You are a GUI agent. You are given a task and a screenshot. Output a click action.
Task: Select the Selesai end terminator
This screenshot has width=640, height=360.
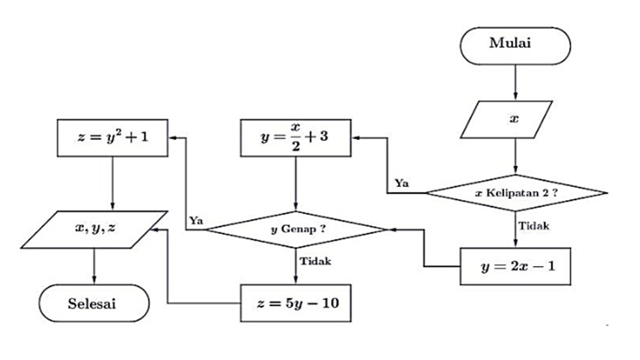pyautogui.click(x=94, y=303)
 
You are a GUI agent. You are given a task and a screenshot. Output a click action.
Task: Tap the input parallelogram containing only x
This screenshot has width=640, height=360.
pyautogui.click(x=506, y=119)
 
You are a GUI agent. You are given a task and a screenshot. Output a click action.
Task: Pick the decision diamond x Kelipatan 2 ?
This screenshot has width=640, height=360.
pyautogui.click(x=515, y=192)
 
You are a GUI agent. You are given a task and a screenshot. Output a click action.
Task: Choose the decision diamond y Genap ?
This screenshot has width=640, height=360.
pyautogui.click(x=295, y=229)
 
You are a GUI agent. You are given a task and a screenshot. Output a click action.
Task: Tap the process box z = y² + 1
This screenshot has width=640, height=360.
pyautogui.click(x=112, y=137)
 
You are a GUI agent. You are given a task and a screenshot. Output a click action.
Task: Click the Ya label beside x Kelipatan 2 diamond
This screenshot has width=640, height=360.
pyautogui.click(x=401, y=183)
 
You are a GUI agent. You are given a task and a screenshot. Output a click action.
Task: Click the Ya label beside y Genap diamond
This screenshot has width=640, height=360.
pyautogui.click(x=195, y=220)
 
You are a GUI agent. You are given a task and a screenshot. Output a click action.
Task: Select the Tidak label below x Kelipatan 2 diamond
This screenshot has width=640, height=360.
pyautogui.click(x=533, y=226)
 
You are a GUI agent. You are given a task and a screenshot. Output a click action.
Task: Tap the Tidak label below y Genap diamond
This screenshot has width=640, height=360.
pyautogui.click(x=315, y=261)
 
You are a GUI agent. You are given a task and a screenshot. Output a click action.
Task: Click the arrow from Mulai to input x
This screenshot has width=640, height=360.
pyautogui.click(x=515, y=82)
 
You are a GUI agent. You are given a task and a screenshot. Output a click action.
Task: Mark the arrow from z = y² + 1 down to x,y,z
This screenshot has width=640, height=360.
pyautogui.click(x=112, y=183)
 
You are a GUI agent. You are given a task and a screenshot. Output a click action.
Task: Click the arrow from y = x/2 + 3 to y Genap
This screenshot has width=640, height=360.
pyautogui.click(x=295, y=183)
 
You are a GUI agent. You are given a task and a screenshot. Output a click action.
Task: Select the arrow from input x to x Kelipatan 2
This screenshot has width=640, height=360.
pyautogui.click(x=515, y=156)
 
